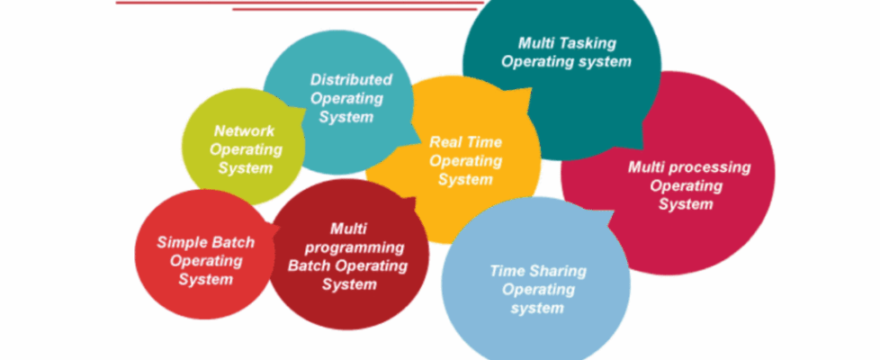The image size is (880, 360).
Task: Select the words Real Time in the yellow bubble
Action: pyautogui.click(x=465, y=141)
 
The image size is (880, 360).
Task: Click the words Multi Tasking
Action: pyautogui.click(x=566, y=42)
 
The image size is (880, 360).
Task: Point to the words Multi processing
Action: pyautogui.click(x=689, y=166)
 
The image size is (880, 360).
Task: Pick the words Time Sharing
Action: pyautogui.click(x=537, y=270)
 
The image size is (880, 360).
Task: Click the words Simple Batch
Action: pyautogui.click(x=205, y=241)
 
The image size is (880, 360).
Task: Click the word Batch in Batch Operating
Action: pyautogui.click(x=309, y=265)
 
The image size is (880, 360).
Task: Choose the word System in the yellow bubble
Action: pyautogui.click(x=465, y=180)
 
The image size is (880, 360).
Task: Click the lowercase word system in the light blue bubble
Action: pyautogui.click(x=537, y=308)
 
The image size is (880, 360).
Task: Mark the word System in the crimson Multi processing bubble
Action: pyautogui.click(x=686, y=204)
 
